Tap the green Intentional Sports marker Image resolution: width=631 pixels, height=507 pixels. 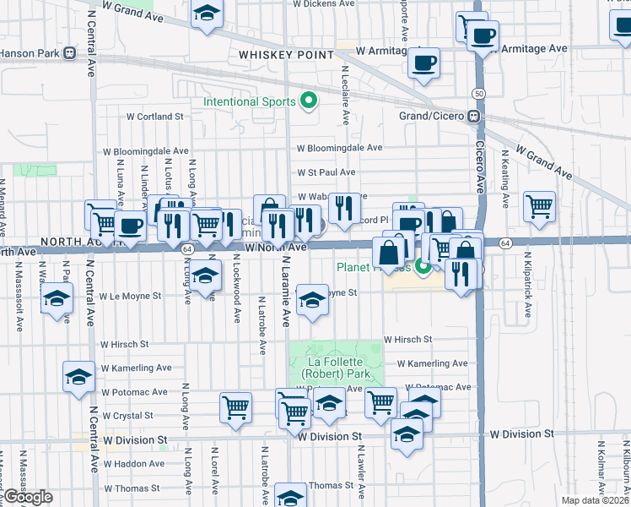[x=309, y=102]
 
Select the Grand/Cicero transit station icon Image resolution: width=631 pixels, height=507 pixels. [x=475, y=116]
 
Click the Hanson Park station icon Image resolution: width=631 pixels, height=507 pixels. [x=70, y=52]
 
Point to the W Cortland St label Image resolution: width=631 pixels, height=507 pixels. [x=155, y=117]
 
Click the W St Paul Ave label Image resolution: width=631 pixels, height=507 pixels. [x=326, y=172]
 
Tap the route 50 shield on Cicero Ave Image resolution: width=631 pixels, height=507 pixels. [x=478, y=93]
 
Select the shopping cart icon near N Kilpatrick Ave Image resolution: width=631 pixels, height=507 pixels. [x=539, y=206]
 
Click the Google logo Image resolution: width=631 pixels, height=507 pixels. [x=28, y=497]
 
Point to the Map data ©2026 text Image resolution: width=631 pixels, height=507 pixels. [x=595, y=500]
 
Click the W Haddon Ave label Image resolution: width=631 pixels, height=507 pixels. [x=133, y=464]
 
